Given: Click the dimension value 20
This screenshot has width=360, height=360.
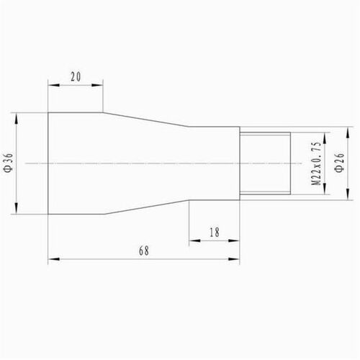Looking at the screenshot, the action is coord(76,76).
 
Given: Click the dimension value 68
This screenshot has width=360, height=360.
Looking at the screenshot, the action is coord(144,251).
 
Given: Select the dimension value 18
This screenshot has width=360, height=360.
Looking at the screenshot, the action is coord(215,233).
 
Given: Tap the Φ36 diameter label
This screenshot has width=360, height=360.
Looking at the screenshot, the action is coord(9,163).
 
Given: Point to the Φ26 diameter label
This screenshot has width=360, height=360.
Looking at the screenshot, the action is coord(340,162).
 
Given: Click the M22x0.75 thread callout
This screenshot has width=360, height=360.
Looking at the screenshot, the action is coord(316,163).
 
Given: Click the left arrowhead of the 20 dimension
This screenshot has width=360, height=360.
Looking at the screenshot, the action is coord(53,85).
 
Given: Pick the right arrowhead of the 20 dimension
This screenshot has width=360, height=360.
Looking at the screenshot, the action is coord(97,85).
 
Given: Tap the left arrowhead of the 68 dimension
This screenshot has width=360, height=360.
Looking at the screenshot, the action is coord(53,259).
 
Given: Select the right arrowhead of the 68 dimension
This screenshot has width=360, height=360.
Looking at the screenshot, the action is coord(234,259).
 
